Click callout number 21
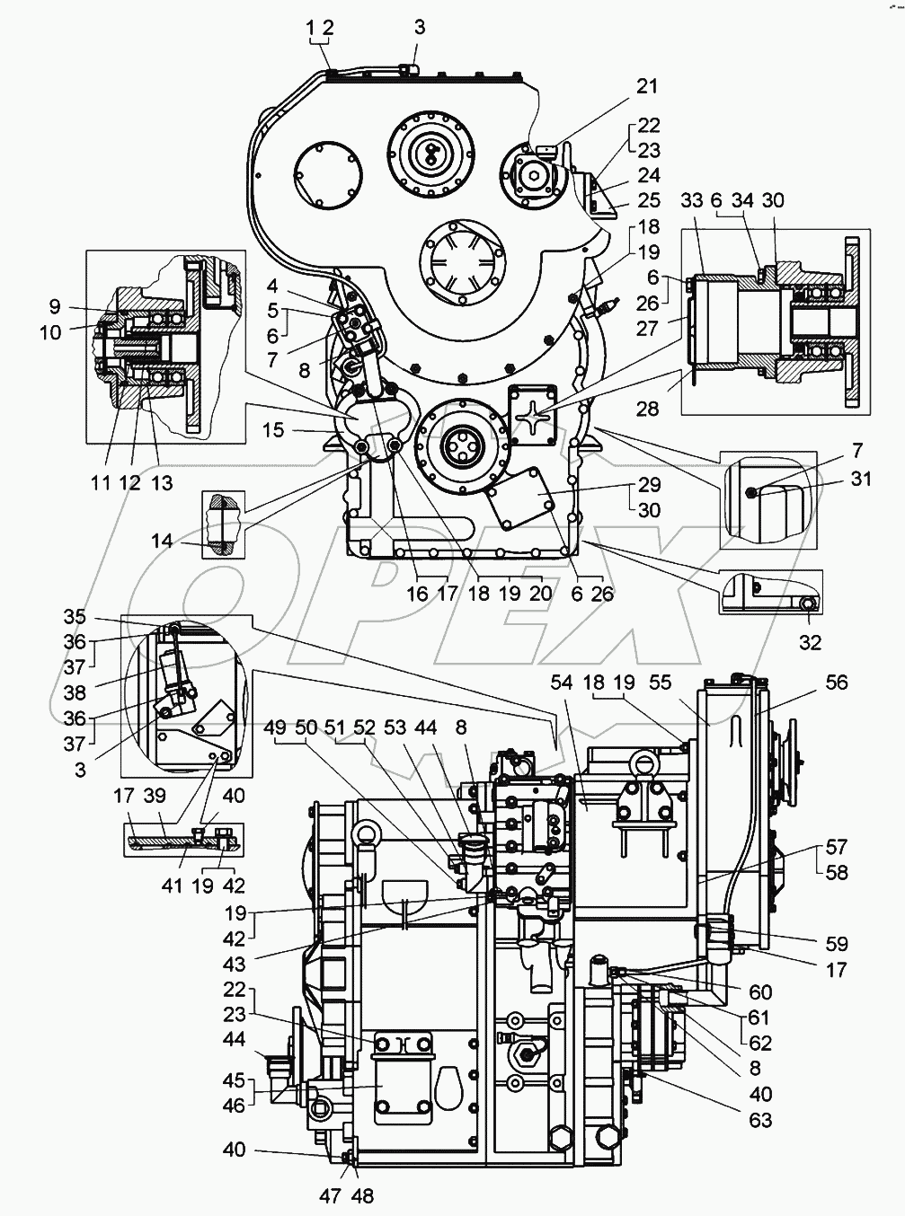[x=647, y=86]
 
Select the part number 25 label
[x=649, y=200]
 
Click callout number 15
[x=274, y=430]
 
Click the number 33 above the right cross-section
[x=691, y=200]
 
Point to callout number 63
[x=760, y=1120]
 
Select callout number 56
[x=836, y=683]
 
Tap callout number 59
[x=836, y=944]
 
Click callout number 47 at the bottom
[x=331, y=1195]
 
